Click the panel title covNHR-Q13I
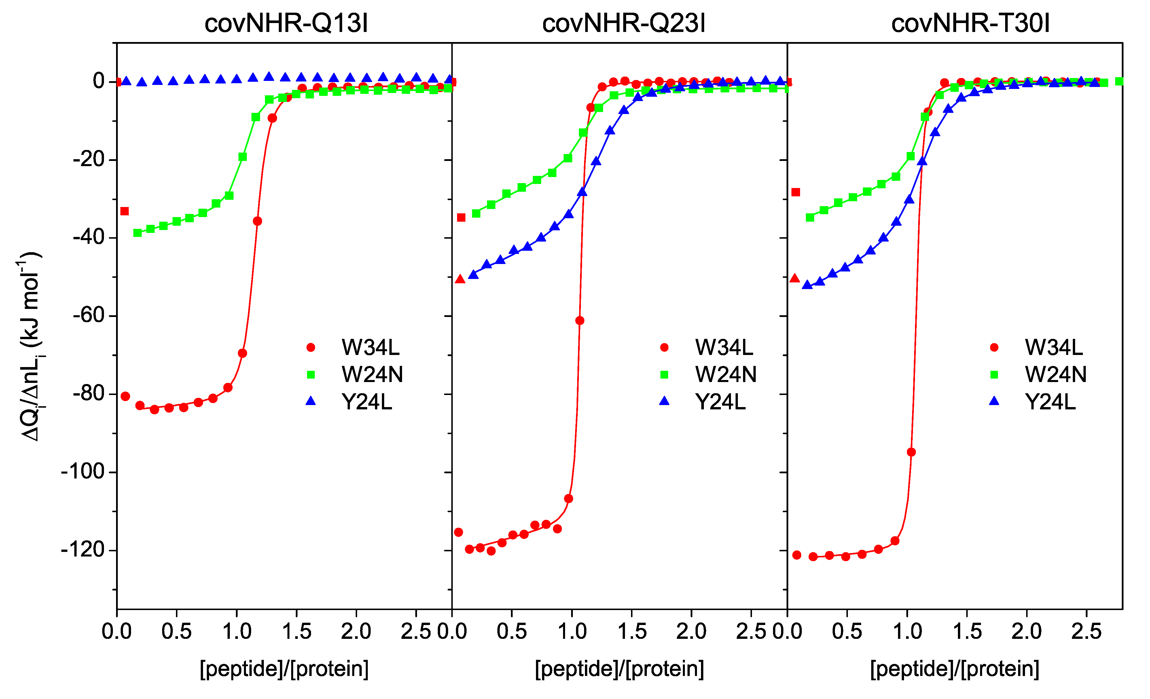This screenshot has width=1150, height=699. [x=286, y=23]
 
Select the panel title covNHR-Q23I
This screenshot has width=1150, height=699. [x=624, y=23]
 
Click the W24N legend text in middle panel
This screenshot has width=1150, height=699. [x=725, y=374]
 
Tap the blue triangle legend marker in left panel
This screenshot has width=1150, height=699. [x=311, y=401]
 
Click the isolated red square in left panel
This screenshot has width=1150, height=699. [x=124, y=211]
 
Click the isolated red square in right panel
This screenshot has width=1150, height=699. [x=796, y=192]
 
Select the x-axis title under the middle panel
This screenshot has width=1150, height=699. [x=619, y=669]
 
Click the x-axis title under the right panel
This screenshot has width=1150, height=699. [x=954, y=669]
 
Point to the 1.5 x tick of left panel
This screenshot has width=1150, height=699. [x=296, y=631]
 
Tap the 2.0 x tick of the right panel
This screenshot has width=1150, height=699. [x=1026, y=631]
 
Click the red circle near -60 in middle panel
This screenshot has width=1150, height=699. [x=580, y=321]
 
